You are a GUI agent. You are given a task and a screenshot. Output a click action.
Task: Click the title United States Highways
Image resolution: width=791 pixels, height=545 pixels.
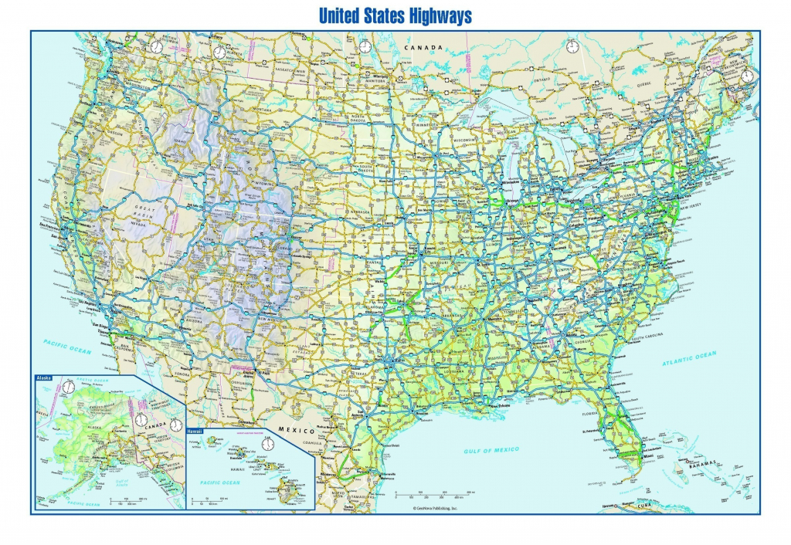(395, 15)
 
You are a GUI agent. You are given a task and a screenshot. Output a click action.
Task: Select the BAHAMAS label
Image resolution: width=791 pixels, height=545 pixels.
(715, 462)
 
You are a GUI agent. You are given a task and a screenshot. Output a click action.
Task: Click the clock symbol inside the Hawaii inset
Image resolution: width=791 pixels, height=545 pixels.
(268, 444)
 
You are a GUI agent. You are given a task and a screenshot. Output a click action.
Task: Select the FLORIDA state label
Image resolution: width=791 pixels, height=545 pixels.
(592, 413)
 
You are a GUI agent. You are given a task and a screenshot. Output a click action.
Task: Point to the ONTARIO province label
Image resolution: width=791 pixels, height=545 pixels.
(540, 80)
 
